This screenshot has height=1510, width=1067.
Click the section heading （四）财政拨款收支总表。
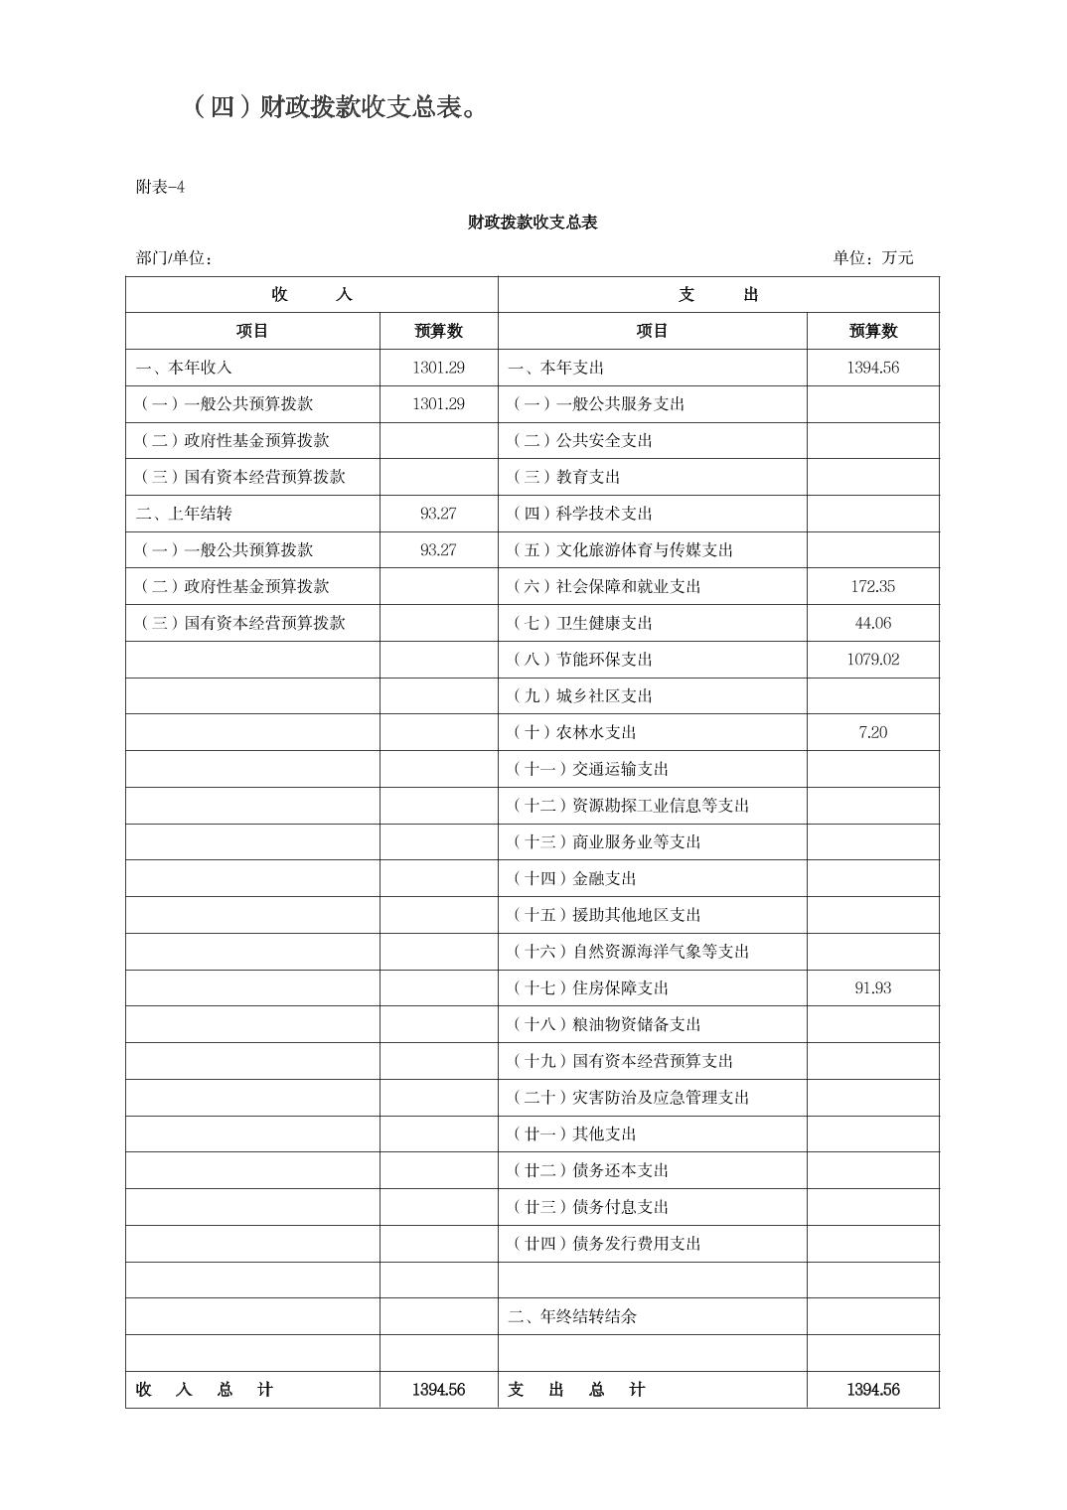[335, 107]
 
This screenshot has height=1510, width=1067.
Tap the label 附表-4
[160, 187]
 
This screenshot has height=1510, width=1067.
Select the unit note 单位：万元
[872, 258]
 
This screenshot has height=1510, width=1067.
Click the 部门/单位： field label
[174, 258]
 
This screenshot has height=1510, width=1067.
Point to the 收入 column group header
[311, 294]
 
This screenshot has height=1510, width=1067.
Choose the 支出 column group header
[717, 294]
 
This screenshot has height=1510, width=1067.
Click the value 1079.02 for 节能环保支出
[872, 659]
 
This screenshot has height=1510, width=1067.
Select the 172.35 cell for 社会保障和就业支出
[872, 586]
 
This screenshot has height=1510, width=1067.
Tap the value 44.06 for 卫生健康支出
[872, 623]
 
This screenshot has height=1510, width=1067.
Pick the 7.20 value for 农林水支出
[872, 732]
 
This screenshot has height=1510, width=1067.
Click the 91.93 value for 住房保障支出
[872, 987]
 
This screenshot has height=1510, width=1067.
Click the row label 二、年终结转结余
[572, 1316]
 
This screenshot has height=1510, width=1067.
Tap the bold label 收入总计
[204, 1390]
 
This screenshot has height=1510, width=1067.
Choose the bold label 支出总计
[576, 1390]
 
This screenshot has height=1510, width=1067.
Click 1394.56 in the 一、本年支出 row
[872, 368]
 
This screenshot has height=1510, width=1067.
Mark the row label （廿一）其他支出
[574, 1133]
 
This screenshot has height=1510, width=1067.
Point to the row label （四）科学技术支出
[582, 514]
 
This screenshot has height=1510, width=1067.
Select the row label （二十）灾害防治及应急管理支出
[630, 1098]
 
